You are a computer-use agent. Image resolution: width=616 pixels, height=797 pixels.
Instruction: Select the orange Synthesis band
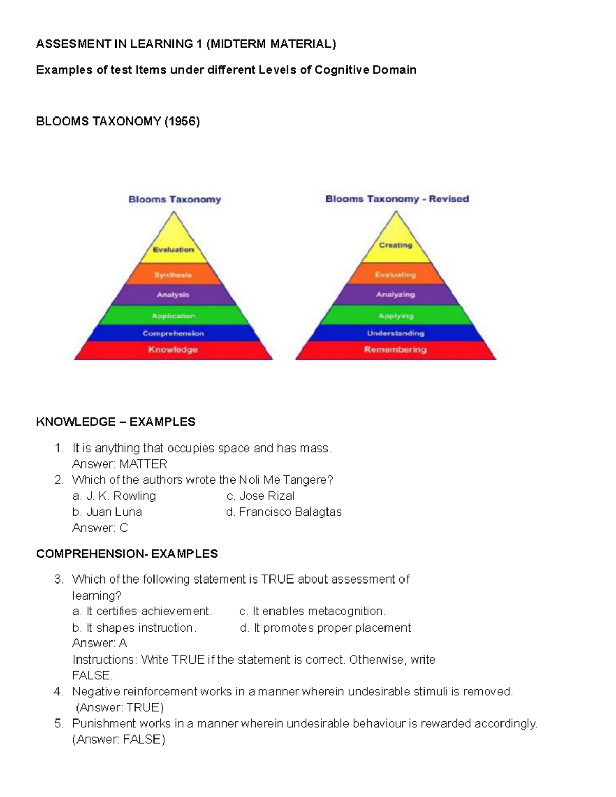click(x=174, y=275)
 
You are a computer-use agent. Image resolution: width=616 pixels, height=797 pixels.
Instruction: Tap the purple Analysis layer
click(x=174, y=295)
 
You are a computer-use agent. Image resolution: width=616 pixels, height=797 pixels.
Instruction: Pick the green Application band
click(x=174, y=316)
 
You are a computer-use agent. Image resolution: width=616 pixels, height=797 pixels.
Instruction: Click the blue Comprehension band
click(x=174, y=333)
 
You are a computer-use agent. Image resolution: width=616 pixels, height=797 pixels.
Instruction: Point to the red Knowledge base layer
click(x=174, y=350)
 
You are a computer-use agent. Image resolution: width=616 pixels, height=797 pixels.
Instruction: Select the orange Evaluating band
click(x=396, y=275)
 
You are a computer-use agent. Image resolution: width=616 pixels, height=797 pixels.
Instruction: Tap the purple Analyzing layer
click(x=396, y=295)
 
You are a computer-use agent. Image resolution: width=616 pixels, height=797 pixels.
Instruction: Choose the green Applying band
click(x=396, y=316)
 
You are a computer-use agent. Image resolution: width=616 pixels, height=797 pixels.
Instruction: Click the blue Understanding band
click(x=396, y=333)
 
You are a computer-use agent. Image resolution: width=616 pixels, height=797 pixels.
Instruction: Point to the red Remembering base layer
click(x=396, y=350)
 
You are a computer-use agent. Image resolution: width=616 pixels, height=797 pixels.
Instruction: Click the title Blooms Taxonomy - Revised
click(x=397, y=199)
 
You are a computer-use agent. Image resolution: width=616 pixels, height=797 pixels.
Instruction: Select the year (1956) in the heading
click(x=182, y=122)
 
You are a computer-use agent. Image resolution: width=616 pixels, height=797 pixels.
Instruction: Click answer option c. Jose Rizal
click(x=260, y=496)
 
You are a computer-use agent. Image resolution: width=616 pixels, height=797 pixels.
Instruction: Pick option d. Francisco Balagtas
click(x=284, y=512)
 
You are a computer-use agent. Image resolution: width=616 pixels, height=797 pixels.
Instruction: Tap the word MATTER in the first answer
click(x=143, y=464)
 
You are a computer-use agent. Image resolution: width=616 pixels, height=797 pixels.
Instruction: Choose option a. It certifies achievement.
click(x=142, y=611)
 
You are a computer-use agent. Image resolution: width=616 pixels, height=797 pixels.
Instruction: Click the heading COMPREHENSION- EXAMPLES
click(x=127, y=554)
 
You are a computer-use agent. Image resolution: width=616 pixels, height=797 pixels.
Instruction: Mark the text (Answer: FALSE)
click(x=119, y=740)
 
